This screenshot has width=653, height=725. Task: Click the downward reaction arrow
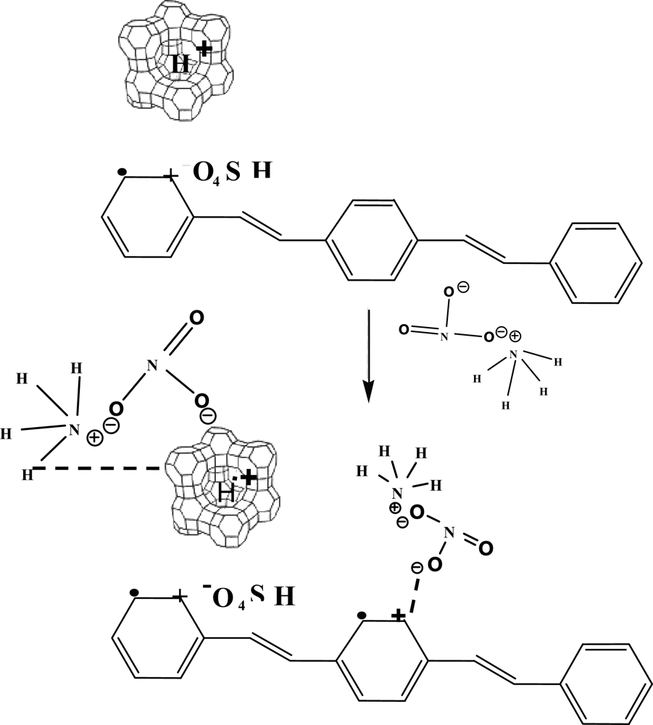[368, 355]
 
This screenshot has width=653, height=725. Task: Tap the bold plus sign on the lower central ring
[398, 616]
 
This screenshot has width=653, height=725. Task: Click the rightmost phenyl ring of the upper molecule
[596, 262]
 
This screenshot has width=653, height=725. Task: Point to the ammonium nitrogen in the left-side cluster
[73, 430]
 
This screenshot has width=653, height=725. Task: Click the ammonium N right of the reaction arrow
[513, 355]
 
